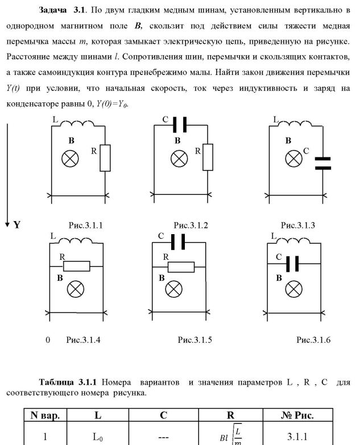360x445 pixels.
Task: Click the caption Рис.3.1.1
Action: click(85, 225)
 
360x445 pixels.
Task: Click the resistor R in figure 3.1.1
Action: click(106, 157)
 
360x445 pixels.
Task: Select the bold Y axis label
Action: click(17, 224)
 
